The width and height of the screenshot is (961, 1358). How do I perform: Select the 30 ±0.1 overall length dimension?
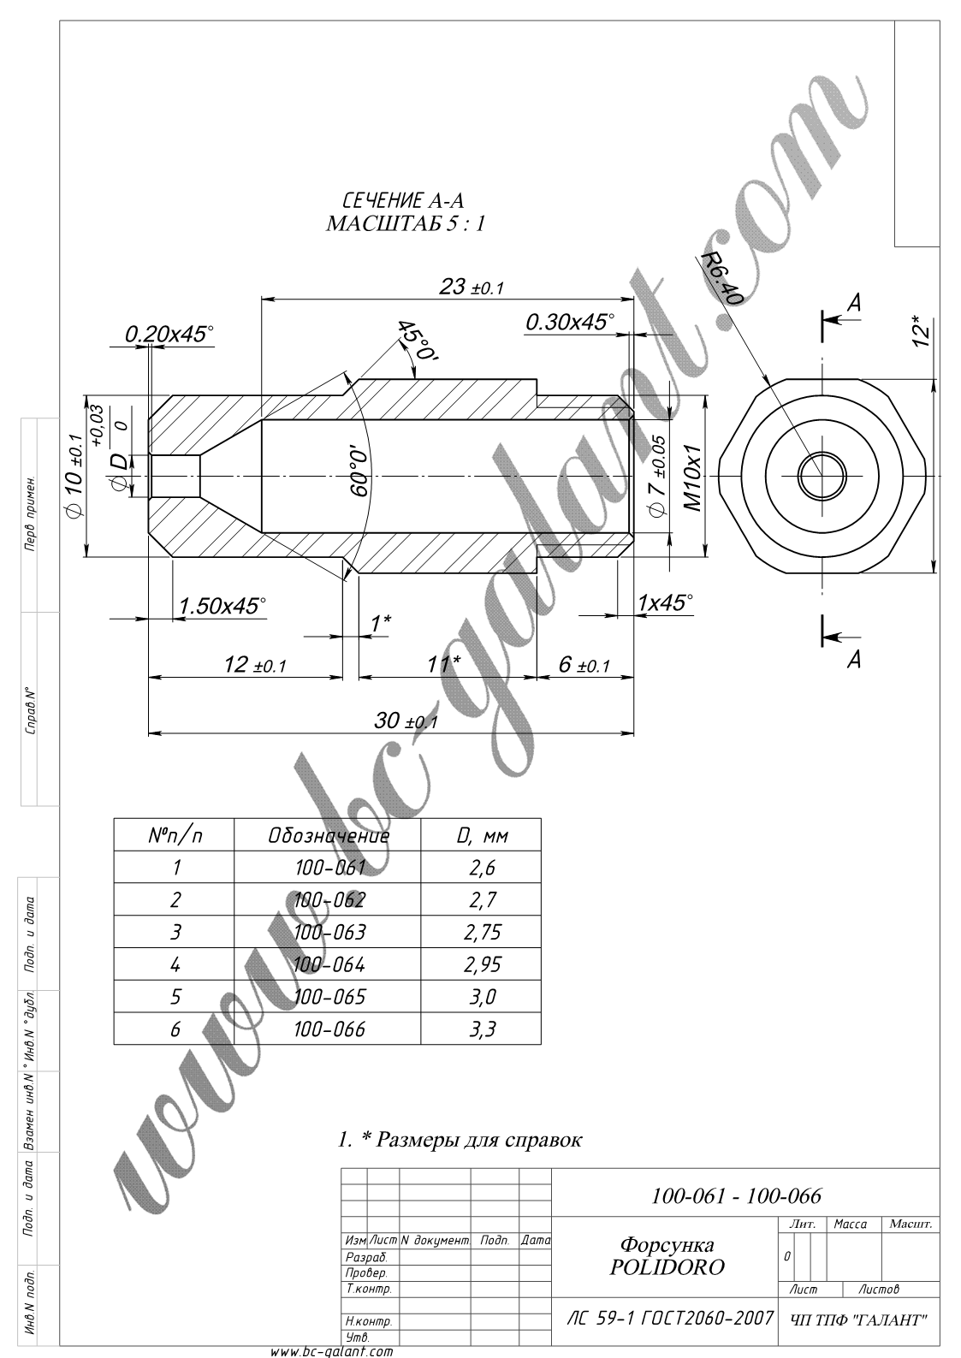pos(405,721)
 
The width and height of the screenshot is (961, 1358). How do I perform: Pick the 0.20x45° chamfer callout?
pos(169,334)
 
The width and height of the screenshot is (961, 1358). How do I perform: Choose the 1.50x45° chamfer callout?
pos(222,605)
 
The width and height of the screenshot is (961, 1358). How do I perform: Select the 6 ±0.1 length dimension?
pos(584,664)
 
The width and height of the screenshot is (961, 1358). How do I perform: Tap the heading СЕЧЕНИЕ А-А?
pos(403,200)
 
